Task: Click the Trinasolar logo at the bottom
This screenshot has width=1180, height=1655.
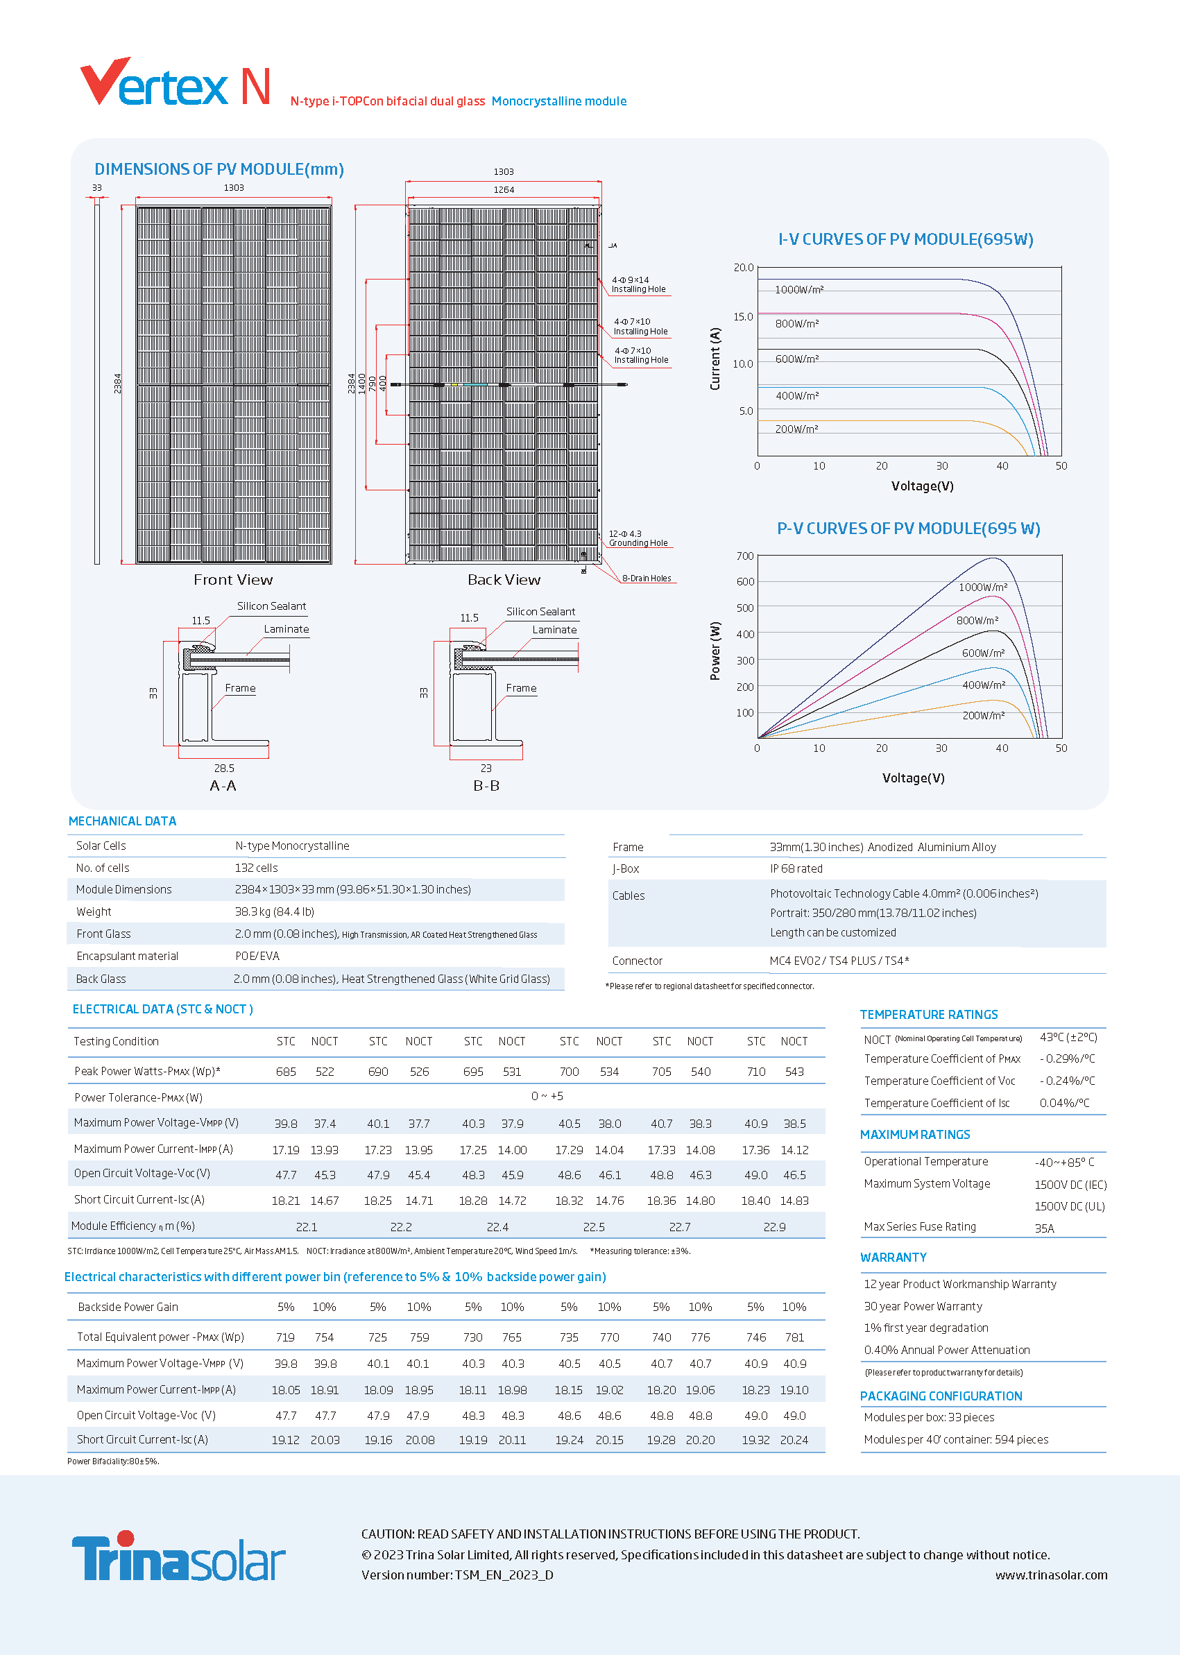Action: pyautogui.click(x=179, y=1557)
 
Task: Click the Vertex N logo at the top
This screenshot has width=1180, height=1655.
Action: pyautogui.click(x=175, y=81)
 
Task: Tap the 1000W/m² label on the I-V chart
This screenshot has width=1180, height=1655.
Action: pyautogui.click(x=798, y=290)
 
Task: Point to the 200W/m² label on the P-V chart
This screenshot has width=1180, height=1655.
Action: pyautogui.click(x=984, y=716)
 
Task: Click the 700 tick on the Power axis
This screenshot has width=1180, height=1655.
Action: pyautogui.click(x=745, y=556)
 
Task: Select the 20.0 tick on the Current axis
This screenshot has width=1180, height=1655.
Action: pyautogui.click(x=744, y=267)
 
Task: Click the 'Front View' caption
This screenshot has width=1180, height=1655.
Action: pyautogui.click(x=233, y=580)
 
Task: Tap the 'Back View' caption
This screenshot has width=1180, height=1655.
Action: pyautogui.click(x=504, y=580)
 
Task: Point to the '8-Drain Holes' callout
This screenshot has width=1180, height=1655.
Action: pyautogui.click(x=647, y=578)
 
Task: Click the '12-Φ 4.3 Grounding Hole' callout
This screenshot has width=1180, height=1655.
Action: pyautogui.click(x=638, y=538)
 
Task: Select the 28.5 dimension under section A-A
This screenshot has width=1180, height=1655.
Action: pyautogui.click(x=224, y=768)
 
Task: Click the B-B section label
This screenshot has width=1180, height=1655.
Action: pyautogui.click(x=486, y=785)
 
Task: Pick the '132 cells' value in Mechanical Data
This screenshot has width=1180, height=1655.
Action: pyautogui.click(x=257, y=868)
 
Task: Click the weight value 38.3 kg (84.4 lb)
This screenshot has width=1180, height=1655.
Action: pyautogui.click(x=275, y=911)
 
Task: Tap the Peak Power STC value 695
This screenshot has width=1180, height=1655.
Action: pyautogui.click(x=473, y=1072)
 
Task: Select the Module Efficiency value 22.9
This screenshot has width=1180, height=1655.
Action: pyautogui.click(x=775, y=1227)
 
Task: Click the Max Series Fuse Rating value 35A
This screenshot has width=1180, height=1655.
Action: pyautogui.click(x=1044, y=1228)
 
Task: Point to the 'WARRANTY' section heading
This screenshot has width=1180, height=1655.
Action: pyautogui.click(x=893, y=1258)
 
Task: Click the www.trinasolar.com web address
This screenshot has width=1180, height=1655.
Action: pyautogui.click(x=1052, y=1575)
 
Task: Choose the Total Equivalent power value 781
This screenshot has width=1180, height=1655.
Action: pyautogui.click(x=794, y=1337)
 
